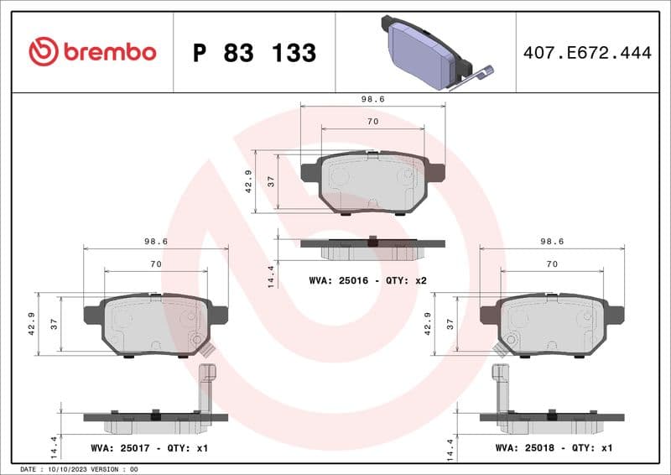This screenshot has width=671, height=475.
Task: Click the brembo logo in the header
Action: click(92, 52)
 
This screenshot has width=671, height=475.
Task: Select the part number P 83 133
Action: click(254, 53)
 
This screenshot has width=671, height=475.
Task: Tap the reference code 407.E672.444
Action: click(586, 53)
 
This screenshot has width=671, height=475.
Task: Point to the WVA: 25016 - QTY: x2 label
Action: click(368, 279)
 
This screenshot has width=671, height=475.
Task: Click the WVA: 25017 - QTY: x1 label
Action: click(149, 448)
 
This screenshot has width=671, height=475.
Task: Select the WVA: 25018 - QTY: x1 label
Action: click(554, 448)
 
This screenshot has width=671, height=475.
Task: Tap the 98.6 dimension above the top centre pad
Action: click(372, 99)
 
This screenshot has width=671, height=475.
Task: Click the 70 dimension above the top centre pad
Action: click(372, 122)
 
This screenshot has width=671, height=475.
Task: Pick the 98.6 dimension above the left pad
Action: click(156, 241)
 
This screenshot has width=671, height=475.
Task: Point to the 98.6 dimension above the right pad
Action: click(552, 241)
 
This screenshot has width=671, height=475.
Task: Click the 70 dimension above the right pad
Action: click(552, 264)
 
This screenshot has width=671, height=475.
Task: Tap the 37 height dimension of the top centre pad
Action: click(271, 181)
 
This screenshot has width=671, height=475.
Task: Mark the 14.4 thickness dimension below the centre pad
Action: click(271, 276)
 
